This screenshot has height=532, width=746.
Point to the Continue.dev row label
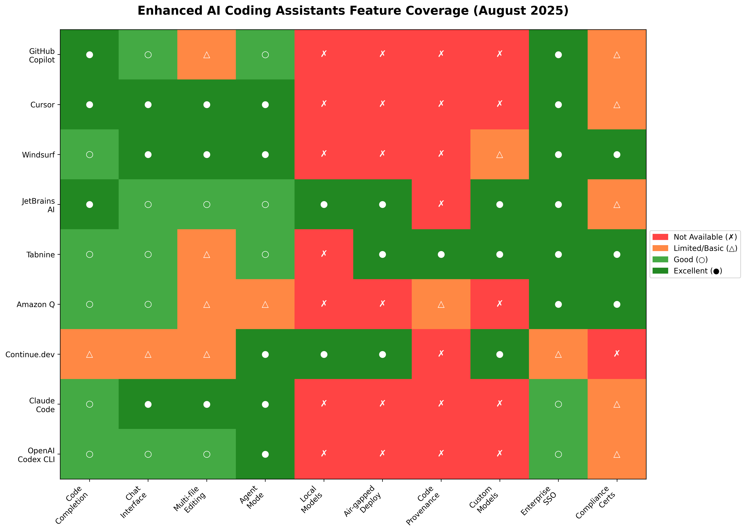(x=30, y=354)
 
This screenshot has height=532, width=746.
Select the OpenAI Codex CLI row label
(x=36, y=455)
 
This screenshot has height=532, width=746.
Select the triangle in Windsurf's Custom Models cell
(x=499, y=155)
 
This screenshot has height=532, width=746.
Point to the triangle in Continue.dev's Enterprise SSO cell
(x=558, y=354)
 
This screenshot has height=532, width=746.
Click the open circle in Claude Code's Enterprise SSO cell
(x=558, y=404)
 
